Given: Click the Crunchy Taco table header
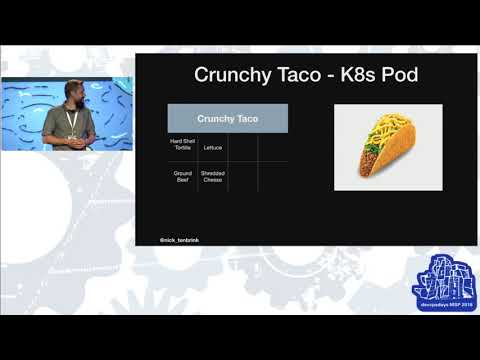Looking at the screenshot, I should coord(227,118).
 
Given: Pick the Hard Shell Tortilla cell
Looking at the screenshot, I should coord(182,146).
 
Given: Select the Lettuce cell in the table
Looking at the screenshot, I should coord(212,147).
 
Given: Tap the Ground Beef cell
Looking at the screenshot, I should coord(182,176).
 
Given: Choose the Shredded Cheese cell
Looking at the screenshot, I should coord(212,176).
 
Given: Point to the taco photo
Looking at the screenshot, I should coord(387,147).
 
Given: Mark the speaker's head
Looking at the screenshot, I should coord(73,90).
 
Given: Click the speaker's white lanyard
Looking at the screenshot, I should coord(71,120).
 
